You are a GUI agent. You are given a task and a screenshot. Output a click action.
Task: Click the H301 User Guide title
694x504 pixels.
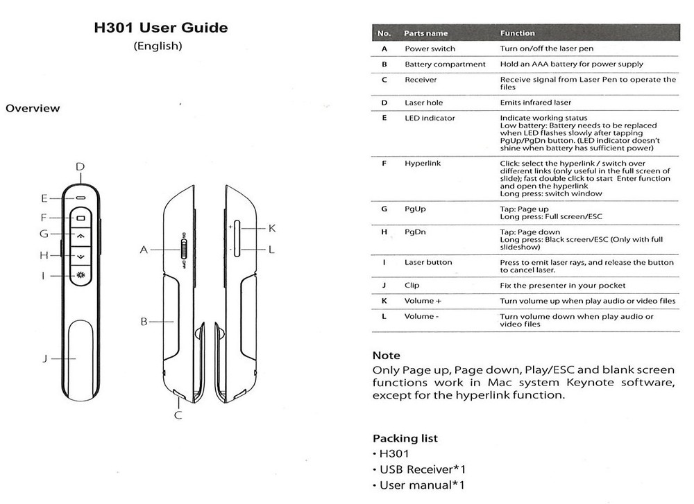click(x=160, y=28)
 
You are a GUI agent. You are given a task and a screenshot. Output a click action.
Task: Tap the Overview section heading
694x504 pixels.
click(x=33, y=108)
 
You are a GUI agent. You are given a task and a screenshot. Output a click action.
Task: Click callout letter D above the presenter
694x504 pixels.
click(x=80, y=166)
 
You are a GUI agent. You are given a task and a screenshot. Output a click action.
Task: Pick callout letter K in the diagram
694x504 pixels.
click(x=272, y=228)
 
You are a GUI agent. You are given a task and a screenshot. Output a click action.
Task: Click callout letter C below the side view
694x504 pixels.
click(x=178, y=415)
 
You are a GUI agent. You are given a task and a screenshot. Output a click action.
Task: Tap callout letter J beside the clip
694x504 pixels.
click(x=44, y=358)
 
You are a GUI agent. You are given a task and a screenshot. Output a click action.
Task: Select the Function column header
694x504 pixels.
click(x=517, y=33)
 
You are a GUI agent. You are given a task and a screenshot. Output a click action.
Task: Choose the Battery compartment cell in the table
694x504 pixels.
click(x=445, y=64)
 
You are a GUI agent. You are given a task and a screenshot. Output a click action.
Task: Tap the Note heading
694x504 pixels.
click(x=387, y=356)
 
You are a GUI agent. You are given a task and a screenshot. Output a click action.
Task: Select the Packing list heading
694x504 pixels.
click(x=405, y=438)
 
